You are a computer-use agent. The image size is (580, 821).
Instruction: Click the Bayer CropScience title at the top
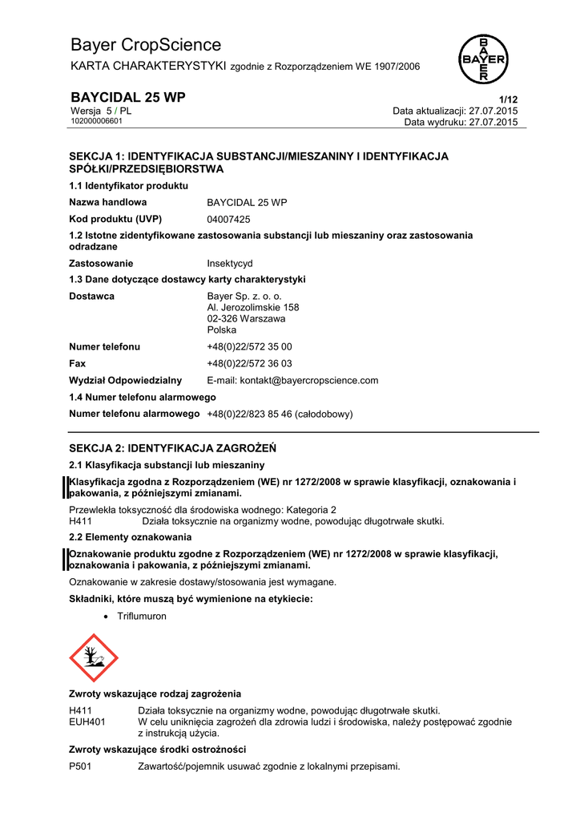click(x=146, y=45)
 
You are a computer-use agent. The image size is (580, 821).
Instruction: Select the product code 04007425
click(x=228, y=219)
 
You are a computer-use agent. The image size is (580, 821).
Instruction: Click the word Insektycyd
click(x=230, y=263)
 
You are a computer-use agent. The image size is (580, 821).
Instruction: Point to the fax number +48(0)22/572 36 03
click(x=249, y=363)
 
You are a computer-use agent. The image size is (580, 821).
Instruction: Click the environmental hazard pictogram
click(x=94, y=657)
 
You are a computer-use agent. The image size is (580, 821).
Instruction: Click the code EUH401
click(x=87, y=722)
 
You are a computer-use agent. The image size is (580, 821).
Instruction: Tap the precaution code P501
click(x=81, y=766)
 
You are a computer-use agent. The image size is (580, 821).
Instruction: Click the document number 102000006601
click(x=96, y=121)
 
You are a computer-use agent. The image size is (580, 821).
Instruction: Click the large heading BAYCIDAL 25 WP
click(x=127, y=97)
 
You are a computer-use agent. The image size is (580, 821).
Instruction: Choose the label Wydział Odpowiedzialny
click(x=125, y=380)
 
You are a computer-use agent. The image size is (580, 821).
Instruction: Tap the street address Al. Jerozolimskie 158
click(x=253, y=307)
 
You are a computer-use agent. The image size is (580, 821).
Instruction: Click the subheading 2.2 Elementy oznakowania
click(x=130, y=536)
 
